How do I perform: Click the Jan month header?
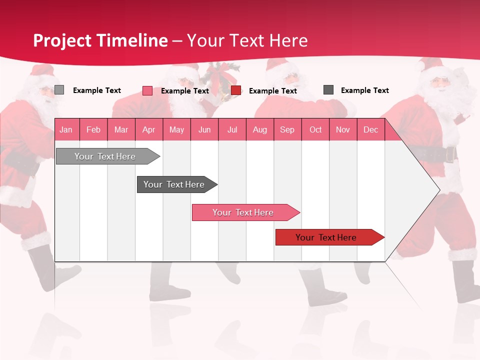pyautogui.click(x=66, y=129)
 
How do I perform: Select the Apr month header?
pyautogui.click(x=149, y=129)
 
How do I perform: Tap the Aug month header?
pyautogui.click(x=260, y=129)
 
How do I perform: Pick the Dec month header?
pyautogui.click(x=371, y=129)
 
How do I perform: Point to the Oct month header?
pyautogui.click(x=315, y=129)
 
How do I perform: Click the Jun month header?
pyautogui.click(x=204, y=129)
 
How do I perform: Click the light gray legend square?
pyautogui.click(x=59, y=90)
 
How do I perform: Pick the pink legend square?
pyautogui.click(x=147, y=90)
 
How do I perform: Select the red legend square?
pyautogui.click(x=236, y=90)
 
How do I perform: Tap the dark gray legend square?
pyautogui.click(x=328, y=90)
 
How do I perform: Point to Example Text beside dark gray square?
pyautogui.click(x=364, y=90)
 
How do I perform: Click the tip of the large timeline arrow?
pyautogui.click(x=438, y=190)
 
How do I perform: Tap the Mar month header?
pyautogui.click(x=121, y=129)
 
